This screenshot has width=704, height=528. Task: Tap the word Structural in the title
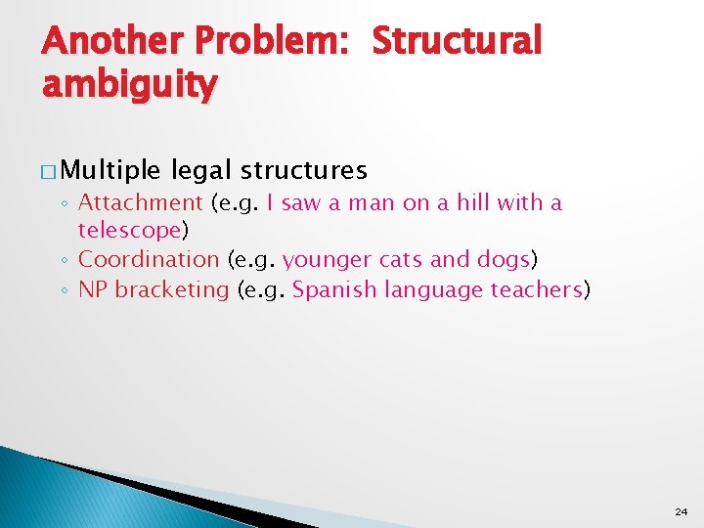click(x=457, y=41)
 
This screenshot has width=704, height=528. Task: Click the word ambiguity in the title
click(x=130, y=86)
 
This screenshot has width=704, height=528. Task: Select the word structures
click(x=304, y=171)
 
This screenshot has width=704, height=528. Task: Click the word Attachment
click(x=140, y=203)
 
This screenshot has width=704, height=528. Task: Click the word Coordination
click(x=149, y=260)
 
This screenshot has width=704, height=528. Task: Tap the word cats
click(x=395, y=260)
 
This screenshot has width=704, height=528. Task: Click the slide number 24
click(x=681, y=511)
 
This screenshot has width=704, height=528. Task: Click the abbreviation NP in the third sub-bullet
click(x=92, y=289)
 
